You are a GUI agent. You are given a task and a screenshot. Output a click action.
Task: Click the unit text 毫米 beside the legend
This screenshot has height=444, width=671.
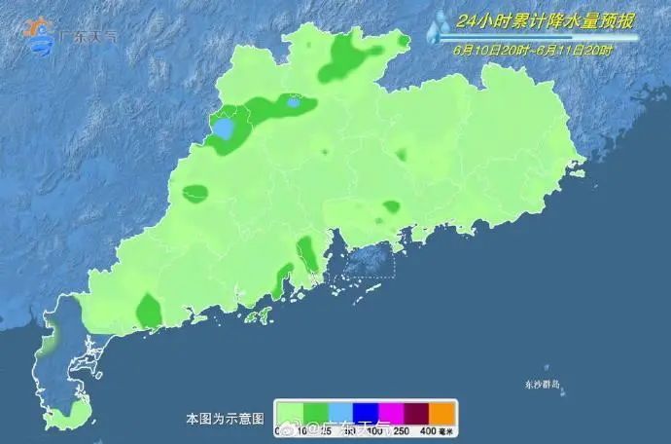[x=448, y=430]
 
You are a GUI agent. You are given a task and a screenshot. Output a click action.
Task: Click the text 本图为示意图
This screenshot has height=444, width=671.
[x=225, y=419]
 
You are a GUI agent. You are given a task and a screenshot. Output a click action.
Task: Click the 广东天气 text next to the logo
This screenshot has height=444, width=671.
[x=88, y=37]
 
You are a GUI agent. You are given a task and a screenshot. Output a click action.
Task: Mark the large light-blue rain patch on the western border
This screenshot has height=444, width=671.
[x=225, y=129]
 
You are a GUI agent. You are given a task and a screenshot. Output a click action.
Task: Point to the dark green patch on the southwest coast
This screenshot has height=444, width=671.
[x=148, y=311]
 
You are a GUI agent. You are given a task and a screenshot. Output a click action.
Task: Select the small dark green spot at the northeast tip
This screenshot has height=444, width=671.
[x=403, y=39]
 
